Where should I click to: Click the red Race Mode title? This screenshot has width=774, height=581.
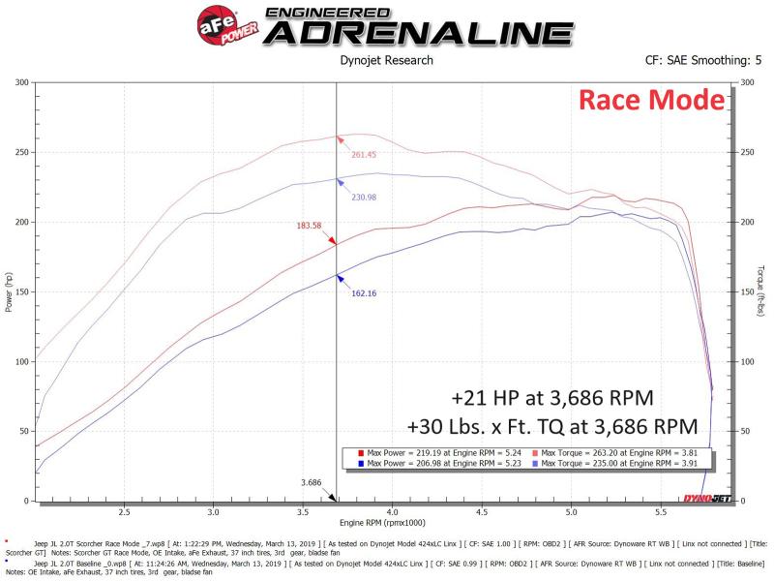click(x=650, y=100)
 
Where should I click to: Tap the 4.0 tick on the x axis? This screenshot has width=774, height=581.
click(x=392, y=512)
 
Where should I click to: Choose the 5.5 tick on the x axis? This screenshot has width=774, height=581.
click(x=661, y=512)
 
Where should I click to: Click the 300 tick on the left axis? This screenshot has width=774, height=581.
click(x=20, y=82)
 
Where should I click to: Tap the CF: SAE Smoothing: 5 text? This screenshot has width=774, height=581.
click(x=696, y=60)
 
